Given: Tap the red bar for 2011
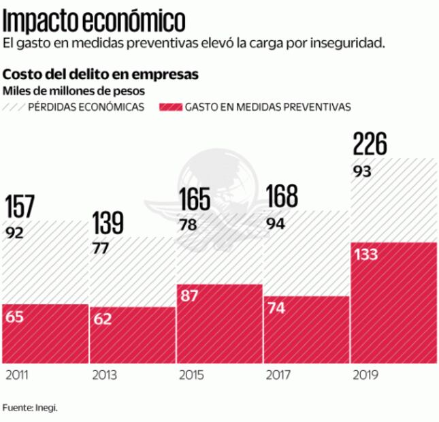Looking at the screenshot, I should click(x=45, y=334).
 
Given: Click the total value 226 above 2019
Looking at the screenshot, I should click(x=370, y=144).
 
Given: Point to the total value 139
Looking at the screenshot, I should click(x=108, y=223).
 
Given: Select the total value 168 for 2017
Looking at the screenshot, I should click(x=281, y=197).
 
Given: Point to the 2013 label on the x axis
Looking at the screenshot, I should click(x=104, y=375).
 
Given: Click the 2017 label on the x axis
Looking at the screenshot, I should click(x=278, y=375).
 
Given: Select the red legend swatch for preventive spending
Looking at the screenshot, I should click(x=169, y=107).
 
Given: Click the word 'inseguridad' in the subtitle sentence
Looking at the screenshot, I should click(x=351, y=44).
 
